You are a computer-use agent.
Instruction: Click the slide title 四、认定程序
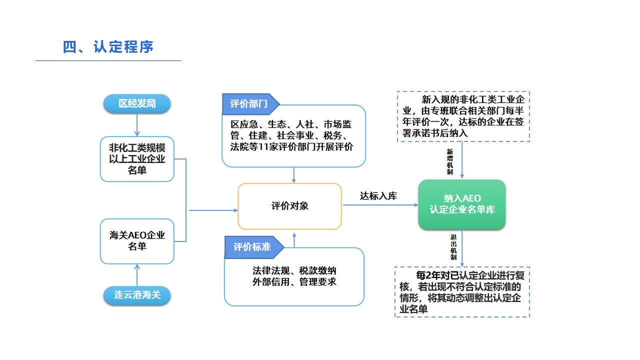click(x=108, y=47)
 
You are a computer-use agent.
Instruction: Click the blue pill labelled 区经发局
click(x=137, y=104)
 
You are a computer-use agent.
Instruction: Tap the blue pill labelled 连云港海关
click(x=137, y=295)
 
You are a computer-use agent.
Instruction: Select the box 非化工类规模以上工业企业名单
click(x=137, y=159)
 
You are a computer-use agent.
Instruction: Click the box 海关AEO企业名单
click(x=137, y=241)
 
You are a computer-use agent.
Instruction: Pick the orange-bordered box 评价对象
click(x=290, y=206)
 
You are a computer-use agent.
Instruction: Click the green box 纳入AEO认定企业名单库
click(x=462, y=204)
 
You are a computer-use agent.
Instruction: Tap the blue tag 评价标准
click(x=251, y=247)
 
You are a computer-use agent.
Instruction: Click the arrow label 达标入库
click(x=378, y=196)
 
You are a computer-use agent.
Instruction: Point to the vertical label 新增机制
click(x=449, y=161)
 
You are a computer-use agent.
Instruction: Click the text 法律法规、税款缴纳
click(x=294, y=271)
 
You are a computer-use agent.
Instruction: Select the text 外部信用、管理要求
click(x=294, y=282)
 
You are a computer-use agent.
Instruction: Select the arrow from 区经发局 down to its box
click(x=137, y=124)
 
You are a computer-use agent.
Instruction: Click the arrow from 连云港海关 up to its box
click(x=137, y=275)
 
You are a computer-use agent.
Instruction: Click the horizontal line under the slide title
click(x=108, y=61)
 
